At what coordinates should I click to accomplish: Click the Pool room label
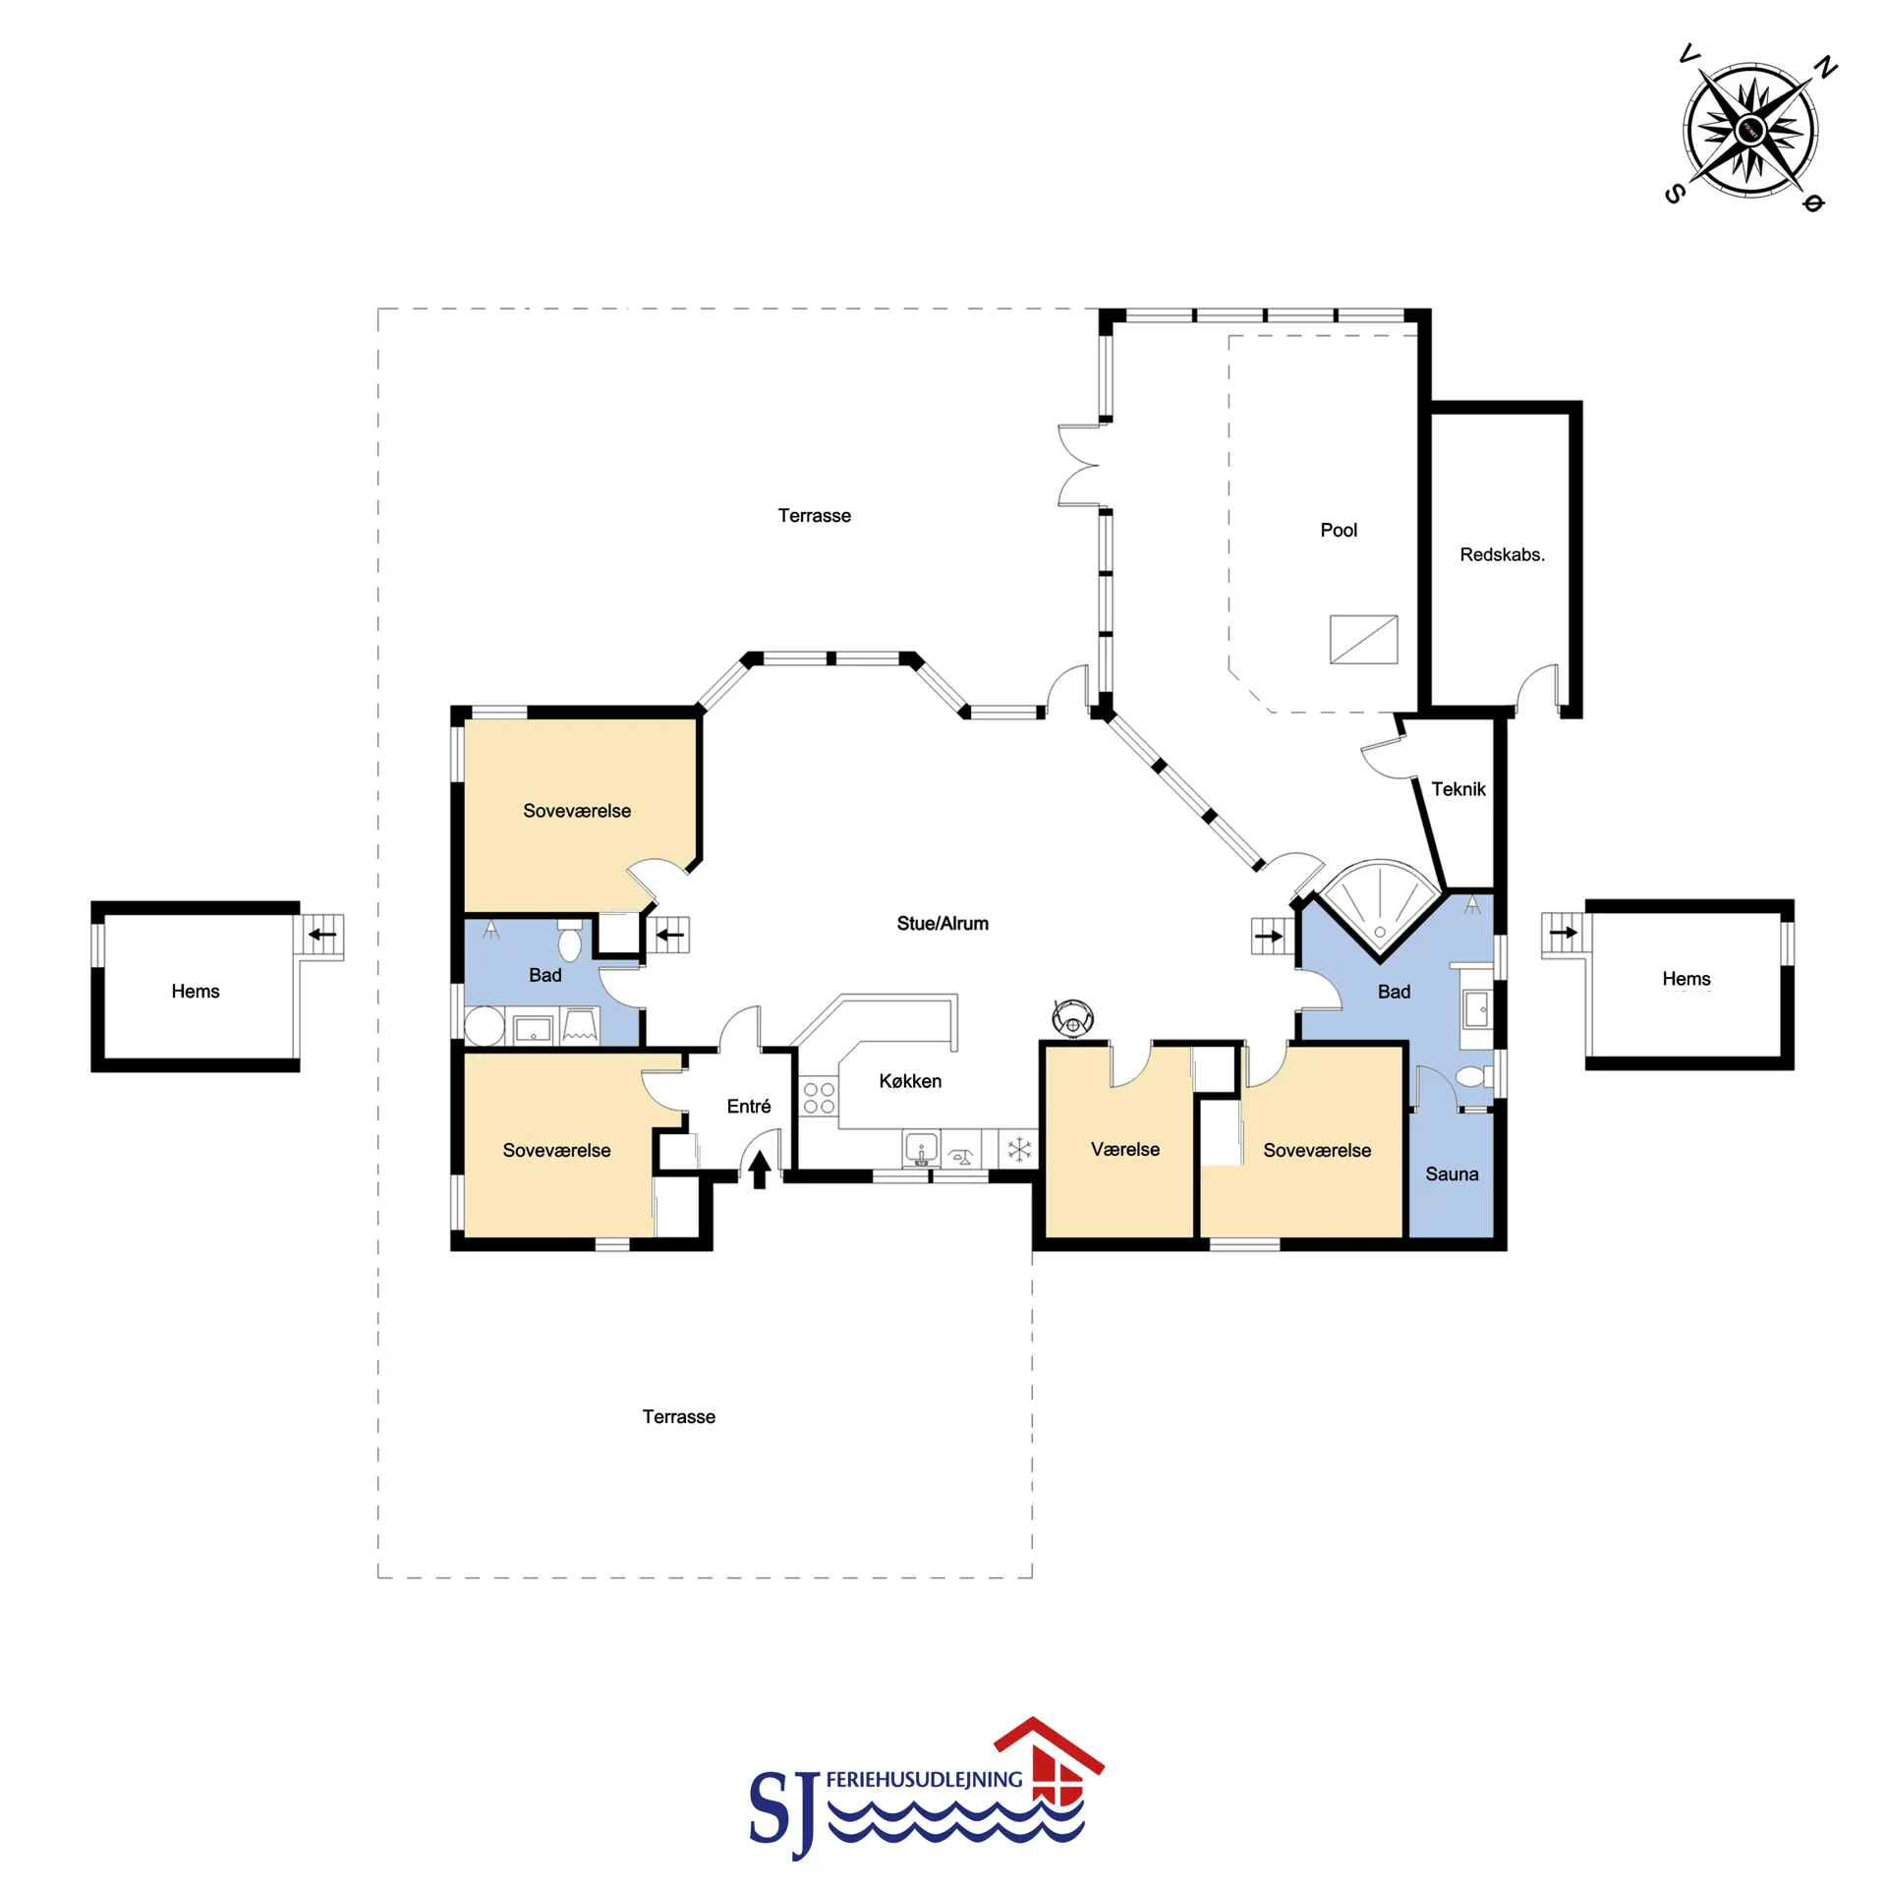1339,530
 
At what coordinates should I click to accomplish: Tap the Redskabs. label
1502,554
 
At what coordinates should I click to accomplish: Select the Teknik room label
1458,788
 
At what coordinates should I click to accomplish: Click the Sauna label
1452,1173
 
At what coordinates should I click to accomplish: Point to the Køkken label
910,1081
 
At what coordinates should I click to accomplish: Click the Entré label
749,1106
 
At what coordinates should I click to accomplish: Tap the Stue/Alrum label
943,923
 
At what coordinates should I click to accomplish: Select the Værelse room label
1125,1149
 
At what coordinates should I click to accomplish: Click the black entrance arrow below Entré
760,1170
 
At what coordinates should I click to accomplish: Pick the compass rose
1750,129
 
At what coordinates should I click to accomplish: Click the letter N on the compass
1825,68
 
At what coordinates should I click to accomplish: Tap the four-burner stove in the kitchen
819,1098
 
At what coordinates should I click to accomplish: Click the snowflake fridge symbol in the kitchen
1019,1148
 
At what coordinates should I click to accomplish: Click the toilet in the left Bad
569,941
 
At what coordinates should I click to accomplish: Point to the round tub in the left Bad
484,1025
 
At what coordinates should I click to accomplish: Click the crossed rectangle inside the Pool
1363,639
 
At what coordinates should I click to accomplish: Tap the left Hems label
196,991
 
